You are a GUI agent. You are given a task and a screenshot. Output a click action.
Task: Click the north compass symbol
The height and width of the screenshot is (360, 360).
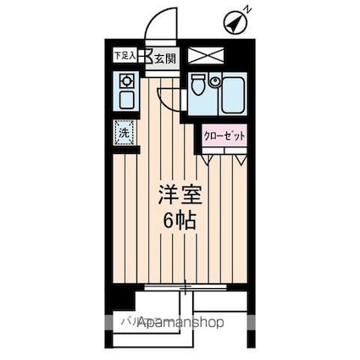234,23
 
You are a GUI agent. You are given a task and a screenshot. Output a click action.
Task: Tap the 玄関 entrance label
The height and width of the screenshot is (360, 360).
164,58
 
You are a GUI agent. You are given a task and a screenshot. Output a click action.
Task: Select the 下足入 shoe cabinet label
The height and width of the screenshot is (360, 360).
124,56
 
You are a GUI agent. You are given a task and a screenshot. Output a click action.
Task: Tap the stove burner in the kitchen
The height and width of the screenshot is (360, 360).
125,81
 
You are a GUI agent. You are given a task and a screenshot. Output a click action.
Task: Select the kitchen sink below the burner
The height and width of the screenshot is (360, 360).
125,100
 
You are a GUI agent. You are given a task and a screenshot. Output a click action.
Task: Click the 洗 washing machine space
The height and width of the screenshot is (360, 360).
125,132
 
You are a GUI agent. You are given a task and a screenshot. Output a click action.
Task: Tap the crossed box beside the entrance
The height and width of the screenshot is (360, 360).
206,56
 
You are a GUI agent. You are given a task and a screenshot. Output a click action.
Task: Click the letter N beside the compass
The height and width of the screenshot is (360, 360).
247,9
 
